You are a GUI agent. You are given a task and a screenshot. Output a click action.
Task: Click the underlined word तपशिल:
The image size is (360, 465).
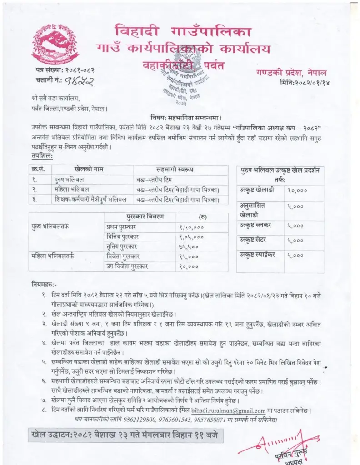click(40, 156)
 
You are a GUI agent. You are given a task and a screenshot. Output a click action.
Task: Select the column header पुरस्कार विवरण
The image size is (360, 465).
click(145, 216)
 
